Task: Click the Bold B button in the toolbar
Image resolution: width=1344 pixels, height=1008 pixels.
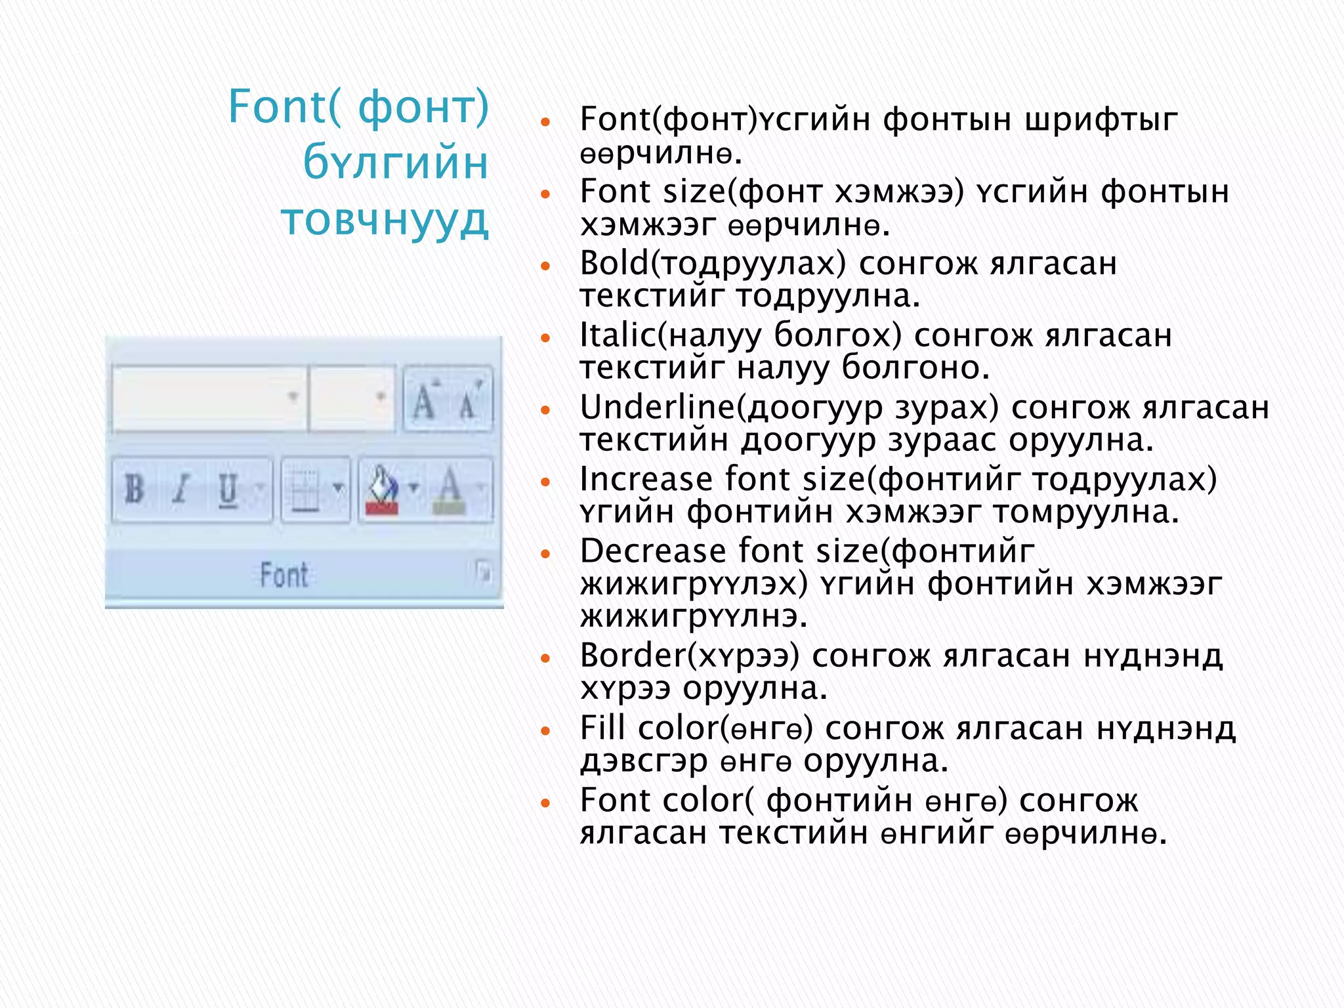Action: click(135, 489)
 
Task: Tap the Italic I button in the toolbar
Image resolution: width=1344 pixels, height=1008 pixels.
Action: click(180, 489)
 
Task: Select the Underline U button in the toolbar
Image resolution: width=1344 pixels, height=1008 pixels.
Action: click(228, 490)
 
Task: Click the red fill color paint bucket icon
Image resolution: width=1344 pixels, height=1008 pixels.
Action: click(382, 490)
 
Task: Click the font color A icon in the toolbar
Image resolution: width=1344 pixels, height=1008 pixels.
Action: click(450, 490)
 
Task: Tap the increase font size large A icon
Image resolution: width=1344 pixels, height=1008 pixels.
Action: click(424, 400)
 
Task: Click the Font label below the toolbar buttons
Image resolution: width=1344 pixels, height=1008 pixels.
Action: click(283, 575)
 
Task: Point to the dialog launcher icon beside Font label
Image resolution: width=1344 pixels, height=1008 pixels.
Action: click(484, 572)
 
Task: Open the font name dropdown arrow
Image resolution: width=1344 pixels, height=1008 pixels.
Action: click(293, 396)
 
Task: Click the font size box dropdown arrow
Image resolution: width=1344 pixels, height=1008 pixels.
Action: click(380, 396)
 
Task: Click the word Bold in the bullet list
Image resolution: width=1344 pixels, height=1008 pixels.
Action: click(615, 263)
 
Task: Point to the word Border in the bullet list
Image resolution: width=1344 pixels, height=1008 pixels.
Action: click(633, 656)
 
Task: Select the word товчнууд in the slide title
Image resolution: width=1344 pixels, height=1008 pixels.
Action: click(385, 220)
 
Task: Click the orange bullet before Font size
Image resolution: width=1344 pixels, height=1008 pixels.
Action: click(545, 194)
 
